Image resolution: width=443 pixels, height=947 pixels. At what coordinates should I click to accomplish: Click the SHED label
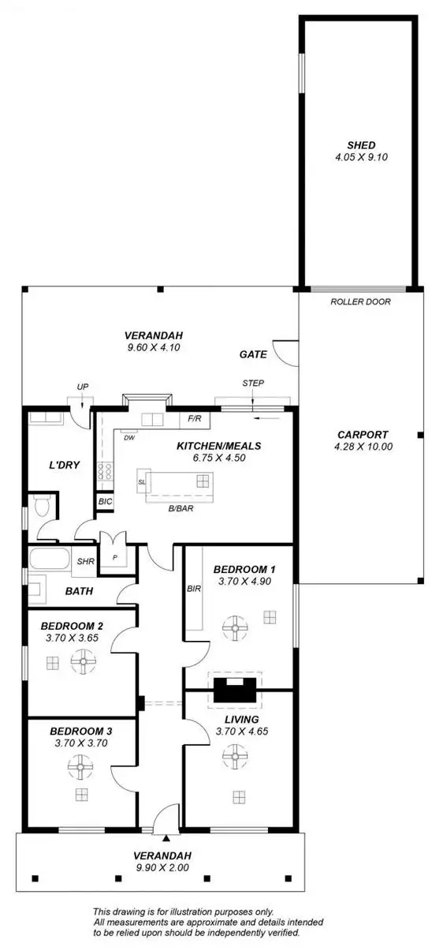pos(361,144)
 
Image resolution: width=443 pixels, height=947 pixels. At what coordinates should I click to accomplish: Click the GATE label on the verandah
pos(253,355)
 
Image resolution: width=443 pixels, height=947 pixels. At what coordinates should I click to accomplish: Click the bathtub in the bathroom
pos(49,562)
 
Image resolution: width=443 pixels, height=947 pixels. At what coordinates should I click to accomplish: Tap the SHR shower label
pos(85,562)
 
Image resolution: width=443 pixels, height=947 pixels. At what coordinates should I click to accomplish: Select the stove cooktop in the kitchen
pos(104,473)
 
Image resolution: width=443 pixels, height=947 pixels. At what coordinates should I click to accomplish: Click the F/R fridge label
pos(195,419)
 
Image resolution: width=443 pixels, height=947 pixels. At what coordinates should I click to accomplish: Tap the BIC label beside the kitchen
pos(104,501)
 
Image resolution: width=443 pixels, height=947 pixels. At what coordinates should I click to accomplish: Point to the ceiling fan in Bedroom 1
pos(234,628)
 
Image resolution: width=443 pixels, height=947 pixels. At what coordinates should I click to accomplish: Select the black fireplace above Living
pos(234,691)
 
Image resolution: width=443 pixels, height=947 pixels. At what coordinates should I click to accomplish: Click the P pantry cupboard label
pos(114,556)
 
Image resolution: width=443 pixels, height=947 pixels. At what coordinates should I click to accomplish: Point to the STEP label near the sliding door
pos(254,384)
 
